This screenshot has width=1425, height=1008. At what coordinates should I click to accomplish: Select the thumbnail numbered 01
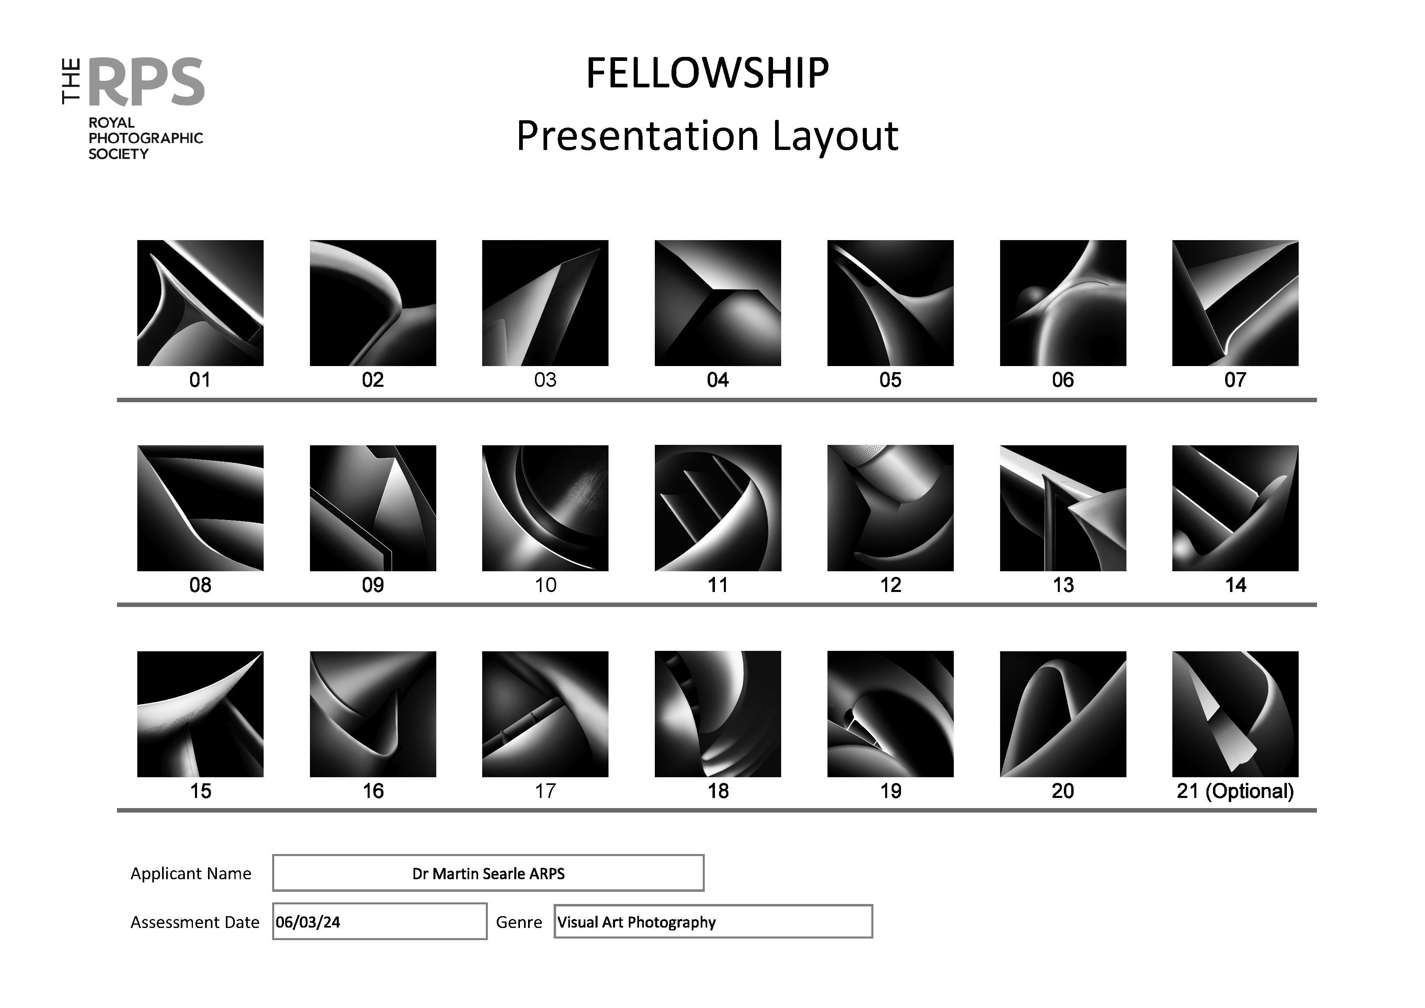200,303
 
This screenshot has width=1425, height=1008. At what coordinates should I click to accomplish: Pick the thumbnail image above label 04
717,303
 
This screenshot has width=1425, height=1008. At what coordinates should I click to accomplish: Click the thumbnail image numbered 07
1235,303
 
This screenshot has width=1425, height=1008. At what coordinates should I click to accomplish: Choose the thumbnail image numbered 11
717,508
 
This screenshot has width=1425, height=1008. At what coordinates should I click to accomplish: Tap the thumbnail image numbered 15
200,714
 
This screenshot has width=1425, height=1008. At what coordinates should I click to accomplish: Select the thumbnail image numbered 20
1063,714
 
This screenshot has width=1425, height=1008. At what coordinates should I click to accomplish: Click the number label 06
1063,380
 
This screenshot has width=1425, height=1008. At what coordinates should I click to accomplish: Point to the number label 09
372,585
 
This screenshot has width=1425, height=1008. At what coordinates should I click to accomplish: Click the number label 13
1063,585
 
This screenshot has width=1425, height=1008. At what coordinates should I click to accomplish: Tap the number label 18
717,791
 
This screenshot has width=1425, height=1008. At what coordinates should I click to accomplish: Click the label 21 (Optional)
1235,791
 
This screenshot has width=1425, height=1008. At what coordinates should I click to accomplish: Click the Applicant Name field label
191,873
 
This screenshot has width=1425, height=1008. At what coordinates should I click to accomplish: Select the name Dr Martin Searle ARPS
488,873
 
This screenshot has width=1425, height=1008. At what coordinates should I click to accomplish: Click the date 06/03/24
308,922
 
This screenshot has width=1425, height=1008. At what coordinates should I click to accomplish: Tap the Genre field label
519,922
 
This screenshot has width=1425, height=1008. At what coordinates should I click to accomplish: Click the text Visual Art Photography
636,922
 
